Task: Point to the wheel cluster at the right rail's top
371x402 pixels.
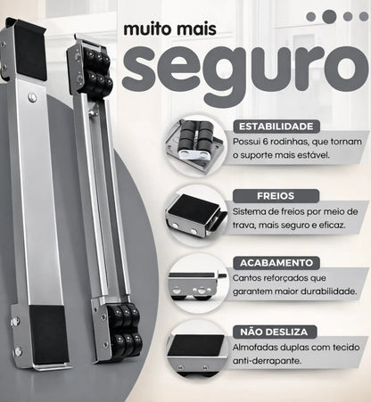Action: point(95,71)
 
